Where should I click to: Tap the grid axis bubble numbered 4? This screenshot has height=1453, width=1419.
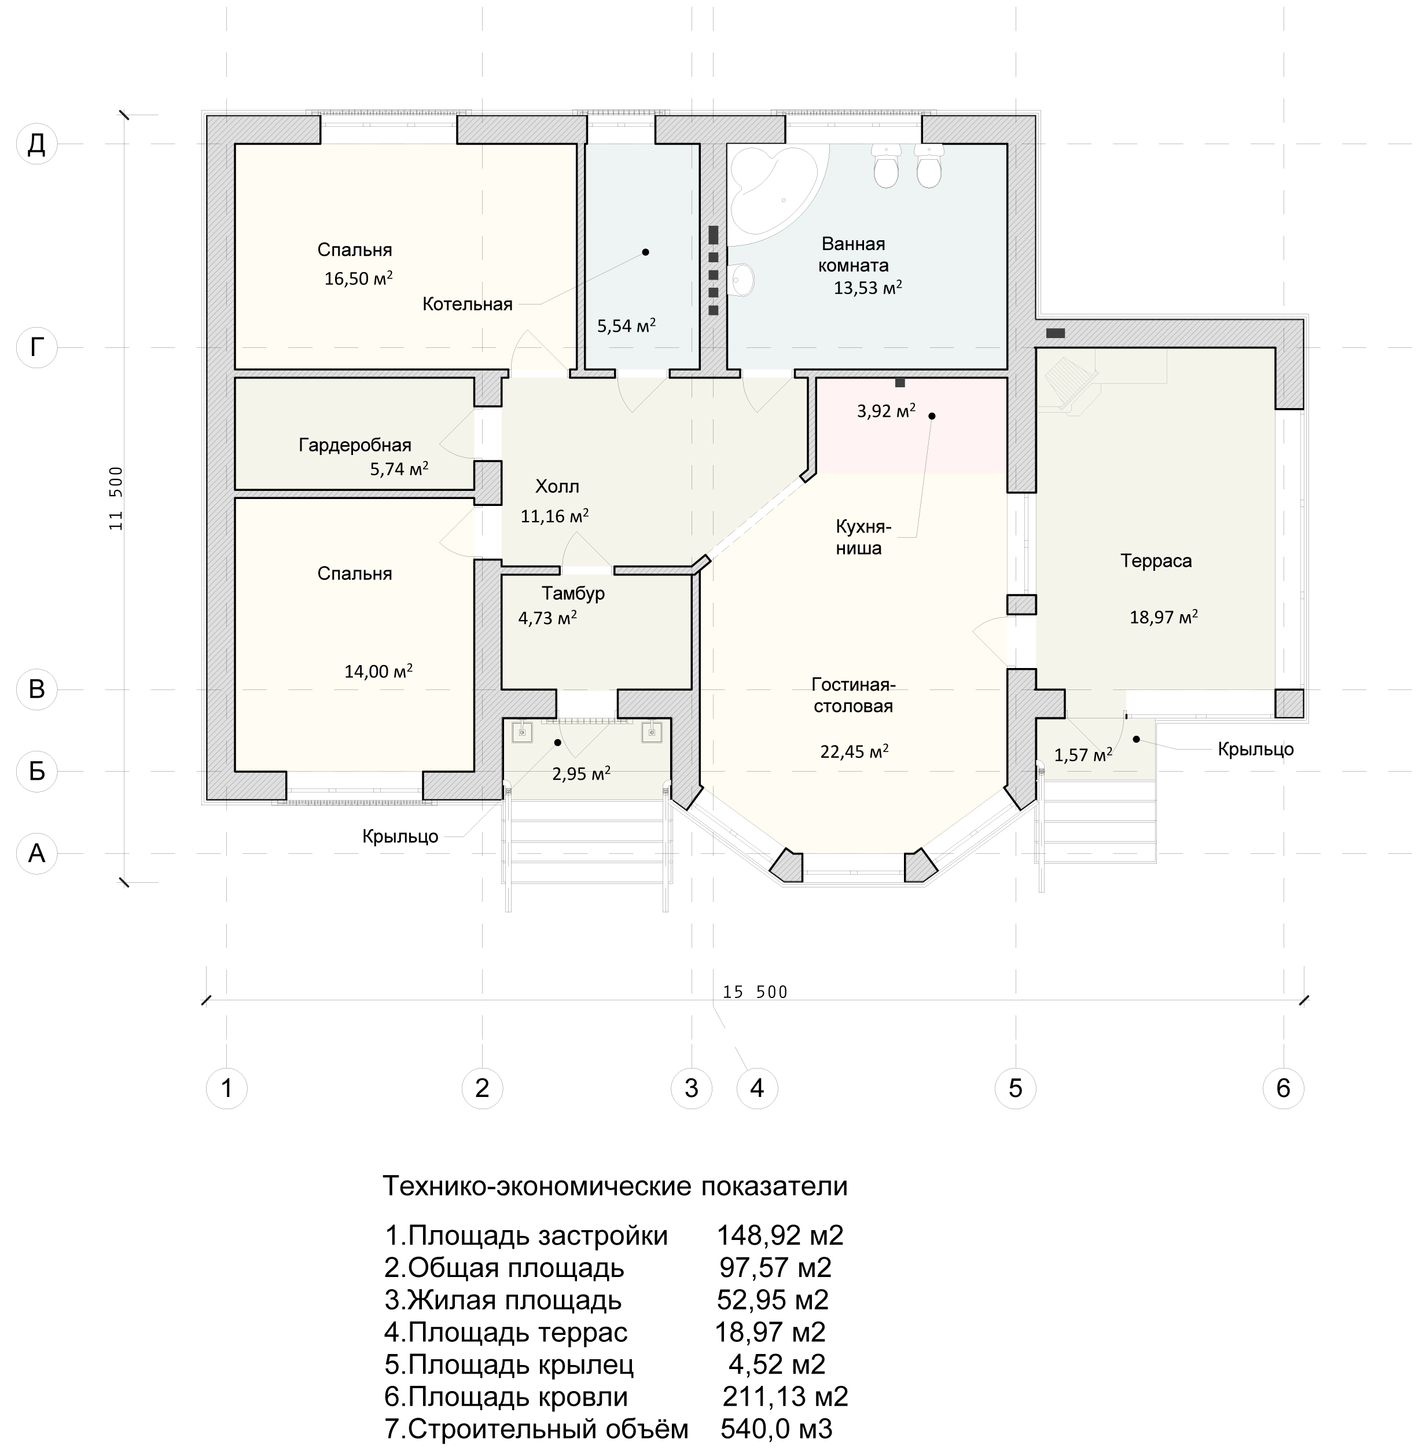click(756, 1088)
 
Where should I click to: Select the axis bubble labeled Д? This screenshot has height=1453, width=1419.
click(36, 144)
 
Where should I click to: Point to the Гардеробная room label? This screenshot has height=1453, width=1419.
click(355, 445)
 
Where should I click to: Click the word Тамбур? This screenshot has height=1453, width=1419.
click(573, 593)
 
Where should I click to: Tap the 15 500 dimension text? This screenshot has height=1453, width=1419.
click(755, 992)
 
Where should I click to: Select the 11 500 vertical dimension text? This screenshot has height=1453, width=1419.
click(116, 498)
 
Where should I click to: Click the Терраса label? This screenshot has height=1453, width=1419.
click(1156, 560)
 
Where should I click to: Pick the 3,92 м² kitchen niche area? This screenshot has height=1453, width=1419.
click(886, 411)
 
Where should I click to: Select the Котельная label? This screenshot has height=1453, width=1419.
click(467, 304)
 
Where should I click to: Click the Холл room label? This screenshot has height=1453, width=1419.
click(557, 487)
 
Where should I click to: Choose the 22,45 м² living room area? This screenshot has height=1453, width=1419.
click(854, 751)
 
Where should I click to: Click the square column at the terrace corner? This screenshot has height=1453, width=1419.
click(1289, 703)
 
